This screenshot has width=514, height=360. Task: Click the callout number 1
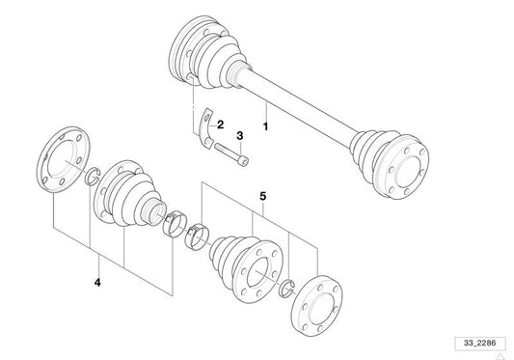(266, 126)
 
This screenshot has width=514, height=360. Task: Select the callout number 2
(220, 125)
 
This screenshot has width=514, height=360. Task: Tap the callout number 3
(240, 135)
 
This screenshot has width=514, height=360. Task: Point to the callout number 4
(97, 282)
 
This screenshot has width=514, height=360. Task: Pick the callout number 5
(263, 196)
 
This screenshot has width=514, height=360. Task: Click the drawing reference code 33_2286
(479, 343)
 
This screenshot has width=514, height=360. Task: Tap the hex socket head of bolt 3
(244, 161)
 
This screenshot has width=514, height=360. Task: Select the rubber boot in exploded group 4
(131, 194)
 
